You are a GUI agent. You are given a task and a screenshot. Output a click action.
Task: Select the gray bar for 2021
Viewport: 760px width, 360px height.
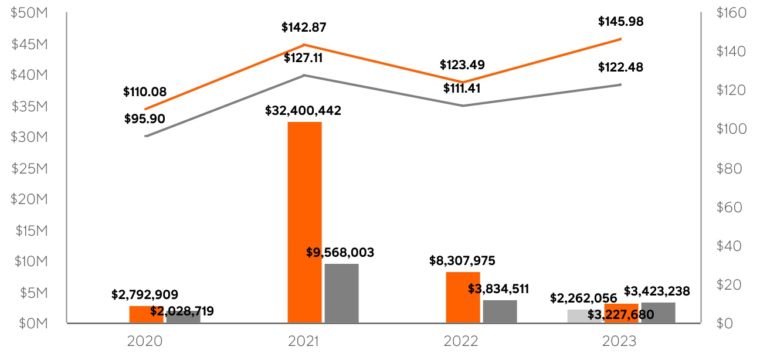(x=341, y=293)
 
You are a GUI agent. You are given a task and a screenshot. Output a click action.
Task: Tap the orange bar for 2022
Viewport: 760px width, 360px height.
(x=463, y=297)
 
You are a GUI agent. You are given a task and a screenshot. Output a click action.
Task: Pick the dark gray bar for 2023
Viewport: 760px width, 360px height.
(x=658, y=313)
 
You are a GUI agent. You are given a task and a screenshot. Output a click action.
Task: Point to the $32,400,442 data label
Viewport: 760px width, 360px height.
(x=303, y=110)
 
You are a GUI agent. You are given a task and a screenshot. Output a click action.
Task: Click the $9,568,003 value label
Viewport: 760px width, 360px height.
(x=340, y=252)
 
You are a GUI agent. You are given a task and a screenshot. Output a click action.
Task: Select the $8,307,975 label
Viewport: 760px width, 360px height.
(x=463, y=260)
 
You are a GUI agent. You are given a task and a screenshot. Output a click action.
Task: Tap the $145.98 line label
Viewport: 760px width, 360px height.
(x=620, y=22)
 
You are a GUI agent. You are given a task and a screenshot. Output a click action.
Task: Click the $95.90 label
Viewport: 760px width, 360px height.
(x=145, y=118)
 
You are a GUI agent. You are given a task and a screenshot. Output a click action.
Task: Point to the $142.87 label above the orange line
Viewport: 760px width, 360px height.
(x=304, y=27)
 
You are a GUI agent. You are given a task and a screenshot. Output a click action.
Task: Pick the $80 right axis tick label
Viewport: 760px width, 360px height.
(x=728, y=168)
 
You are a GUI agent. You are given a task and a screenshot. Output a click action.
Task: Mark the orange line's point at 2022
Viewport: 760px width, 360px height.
(x=463, y=82)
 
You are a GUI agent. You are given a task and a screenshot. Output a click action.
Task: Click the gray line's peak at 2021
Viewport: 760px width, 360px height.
(x=304, y=75)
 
